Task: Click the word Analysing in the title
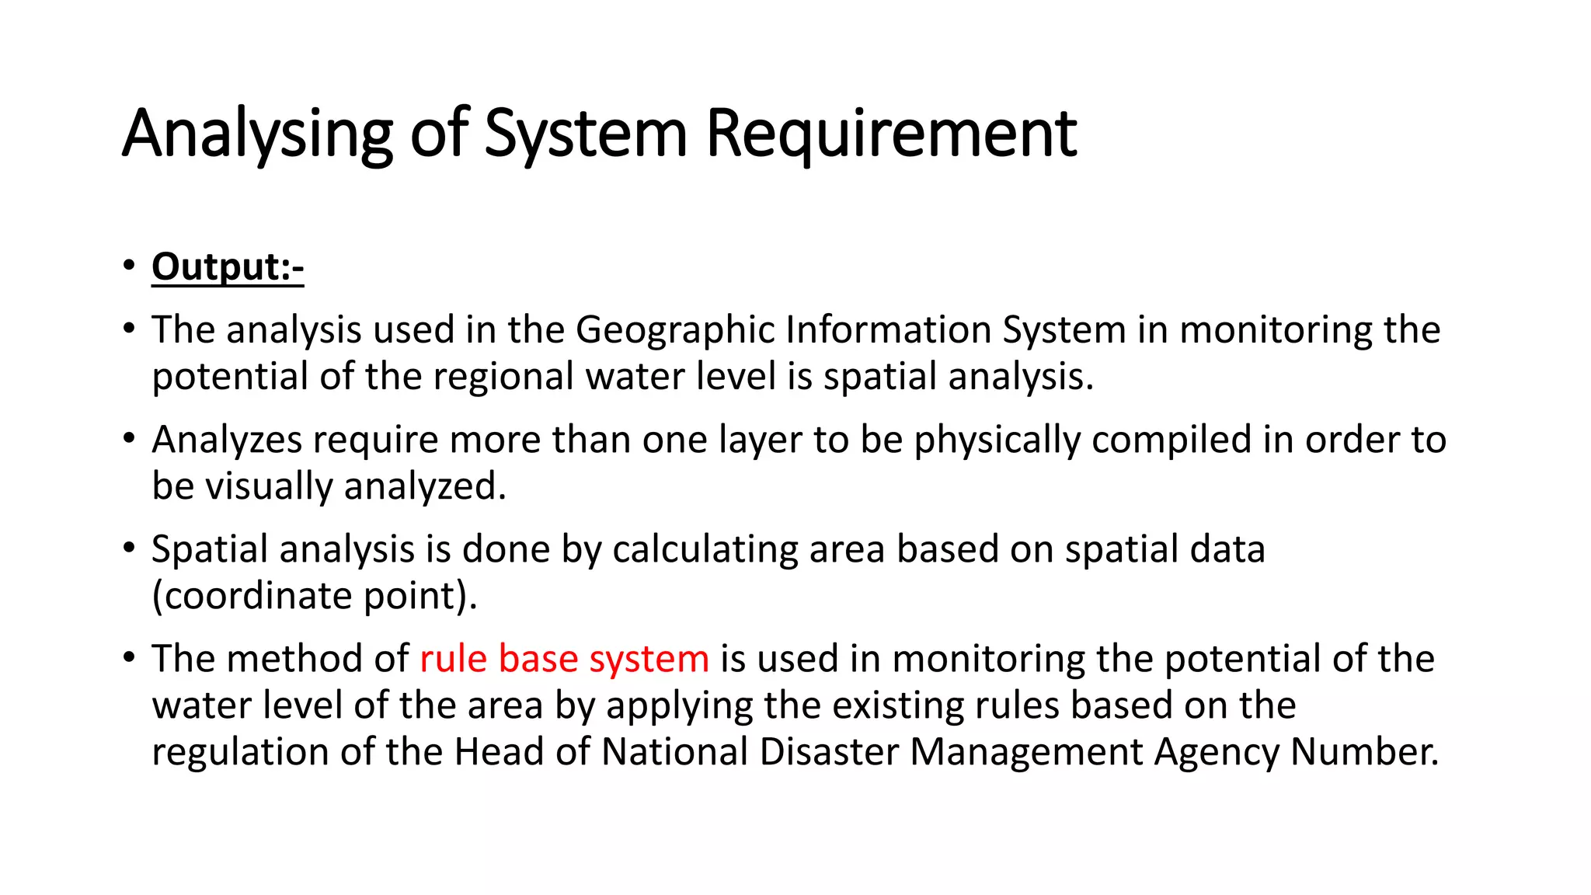257,134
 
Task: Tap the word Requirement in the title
891,134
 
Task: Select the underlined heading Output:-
228,266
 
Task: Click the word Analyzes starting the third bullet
226,440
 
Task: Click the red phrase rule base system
564,659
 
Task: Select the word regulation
240,752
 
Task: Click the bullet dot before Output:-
129,266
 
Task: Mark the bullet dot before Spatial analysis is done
129,548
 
